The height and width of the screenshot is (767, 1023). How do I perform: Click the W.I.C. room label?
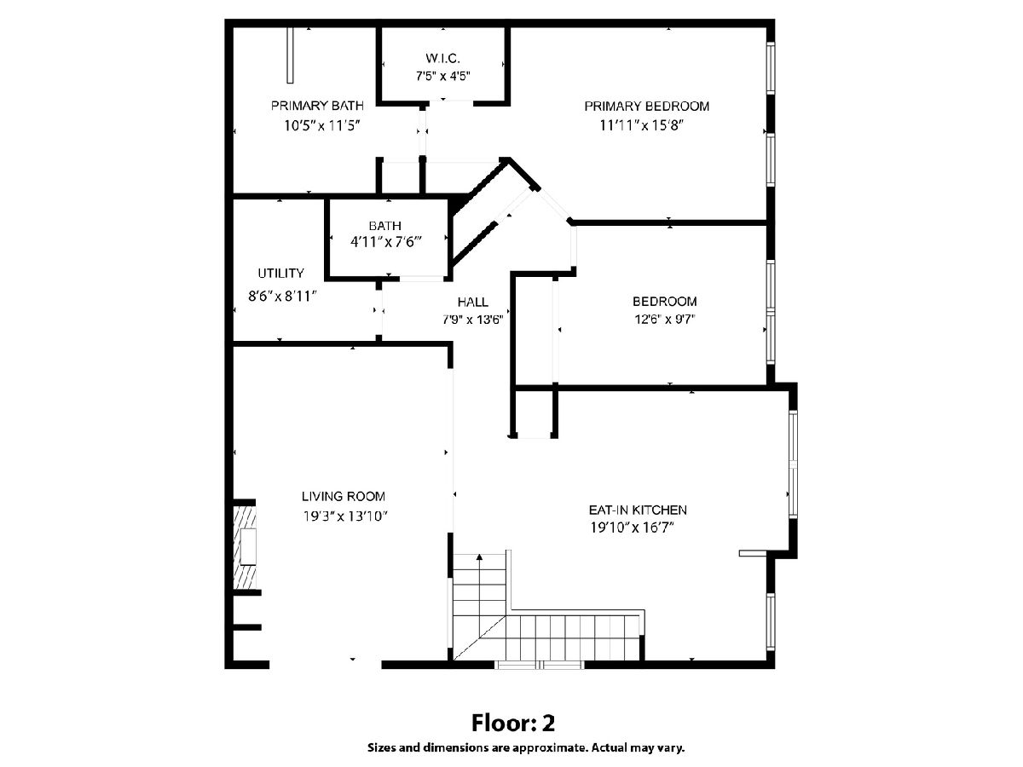click(x=442, y=59)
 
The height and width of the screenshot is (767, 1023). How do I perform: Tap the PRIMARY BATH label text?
click(x=317, y=106)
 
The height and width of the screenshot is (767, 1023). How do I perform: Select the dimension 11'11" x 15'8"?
click(x=641, y=126)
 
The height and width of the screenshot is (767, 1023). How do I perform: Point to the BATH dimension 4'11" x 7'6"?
click(x=386, y=242)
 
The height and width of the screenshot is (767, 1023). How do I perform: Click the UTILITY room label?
click(x=281, y=273)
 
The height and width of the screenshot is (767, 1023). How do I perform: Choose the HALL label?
click(x=472, y=303)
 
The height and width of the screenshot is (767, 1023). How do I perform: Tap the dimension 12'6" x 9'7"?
click(x=665, y=320)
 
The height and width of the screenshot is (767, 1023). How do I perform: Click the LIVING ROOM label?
click(x=344, y=497)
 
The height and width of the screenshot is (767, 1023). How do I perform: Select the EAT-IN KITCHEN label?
click(x=638, y=510)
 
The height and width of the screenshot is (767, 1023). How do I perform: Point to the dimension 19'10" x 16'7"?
click(x=633, y=528)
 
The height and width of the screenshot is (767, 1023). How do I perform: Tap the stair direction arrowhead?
click(x=479, y=557)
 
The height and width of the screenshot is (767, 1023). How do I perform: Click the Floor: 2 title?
click(x=513, y=724)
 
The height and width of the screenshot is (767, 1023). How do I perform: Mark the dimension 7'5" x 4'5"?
click(x=442, y=76)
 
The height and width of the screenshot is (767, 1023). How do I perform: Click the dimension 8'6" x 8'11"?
click(x=282, y=297)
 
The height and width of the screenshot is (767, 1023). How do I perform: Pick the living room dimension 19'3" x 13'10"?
click(x=345, y=516)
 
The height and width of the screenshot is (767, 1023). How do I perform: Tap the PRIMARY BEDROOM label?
click(x=647, y=107)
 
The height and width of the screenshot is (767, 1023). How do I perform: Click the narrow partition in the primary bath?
click(x=290, y=55)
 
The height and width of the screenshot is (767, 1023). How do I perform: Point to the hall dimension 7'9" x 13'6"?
click(x=472, y=320)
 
